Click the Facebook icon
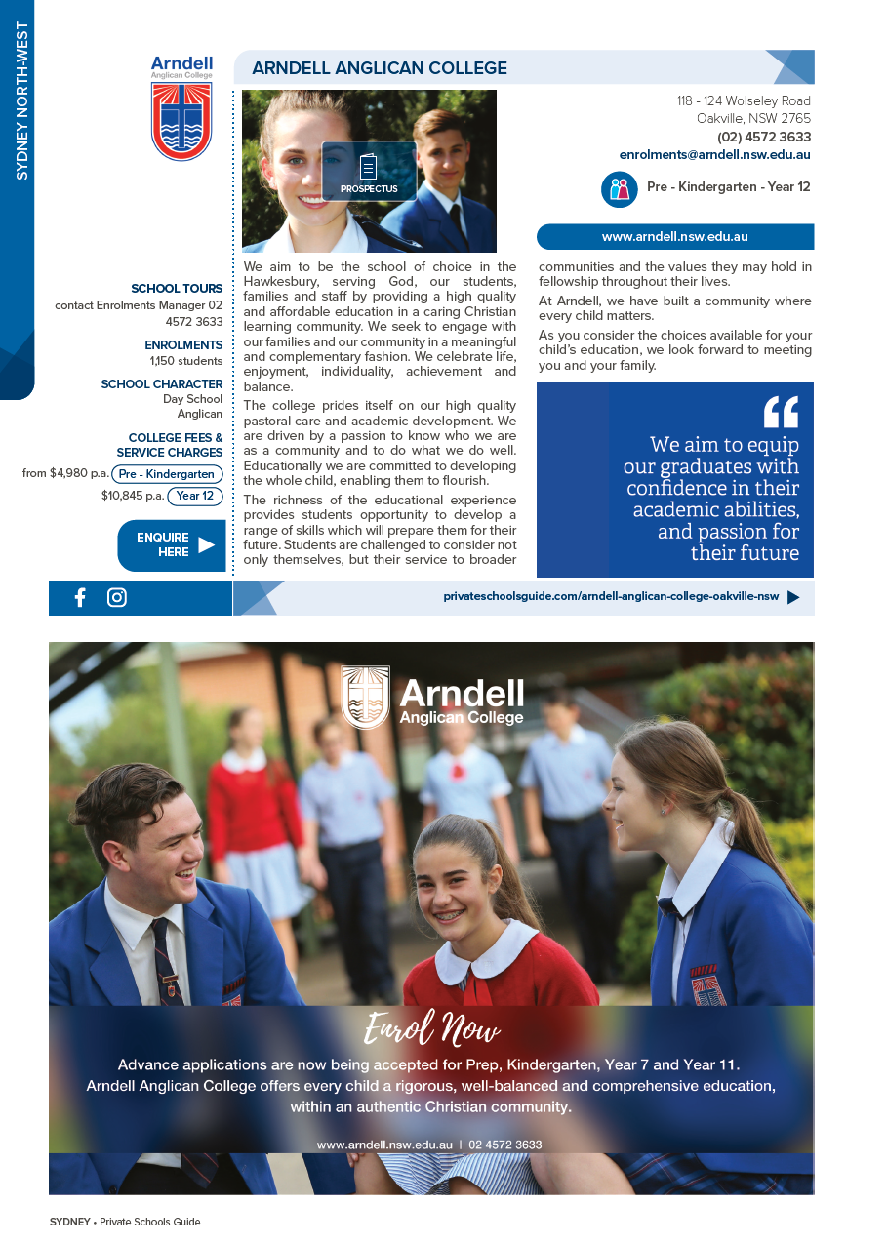point(80,598)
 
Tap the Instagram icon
point(117,598)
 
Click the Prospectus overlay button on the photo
point(369,173)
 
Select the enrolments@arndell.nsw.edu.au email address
point(714,155)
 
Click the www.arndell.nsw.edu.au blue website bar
point(675,237)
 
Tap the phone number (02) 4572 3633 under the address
point(763,138)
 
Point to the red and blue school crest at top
point(181,121)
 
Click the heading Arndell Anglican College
point(380,68)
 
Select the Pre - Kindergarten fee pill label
point(167,475)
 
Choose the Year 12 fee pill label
point(195,496)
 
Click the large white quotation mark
point(781,412)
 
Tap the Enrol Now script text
point(431,1029)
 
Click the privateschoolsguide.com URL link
point(611,597)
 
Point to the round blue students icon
point(620,188)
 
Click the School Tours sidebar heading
point(177,289)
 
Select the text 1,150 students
point(186,361)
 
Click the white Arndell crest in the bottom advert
point(366,698)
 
